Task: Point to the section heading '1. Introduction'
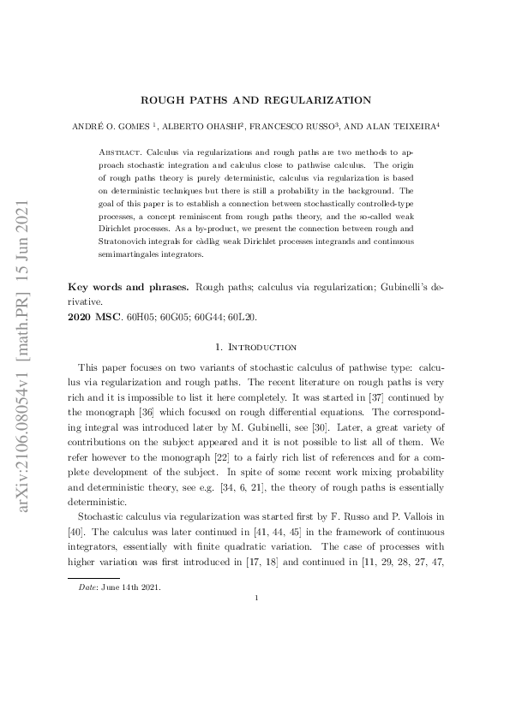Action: point(255,347)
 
